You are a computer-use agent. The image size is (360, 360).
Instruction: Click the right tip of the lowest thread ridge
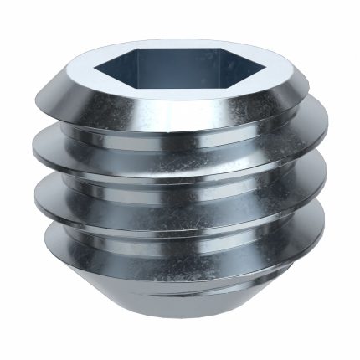322,243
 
